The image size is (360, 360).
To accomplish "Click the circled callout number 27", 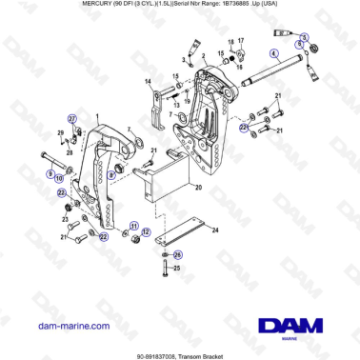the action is point(70,116).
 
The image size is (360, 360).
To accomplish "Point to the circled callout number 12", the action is point(146,231).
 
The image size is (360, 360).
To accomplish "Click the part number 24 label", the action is point(216,230).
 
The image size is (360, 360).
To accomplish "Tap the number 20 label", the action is point(198,188).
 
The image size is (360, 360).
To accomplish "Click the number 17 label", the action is point(241,41).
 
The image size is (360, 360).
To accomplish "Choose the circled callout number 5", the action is point(305,36).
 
